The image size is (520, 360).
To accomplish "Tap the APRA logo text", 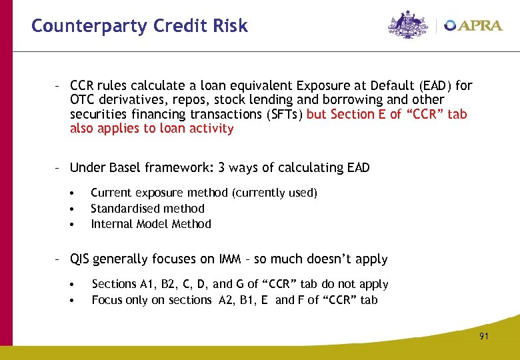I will coord(479,25).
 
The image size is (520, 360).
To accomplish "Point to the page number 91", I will coord(483,337).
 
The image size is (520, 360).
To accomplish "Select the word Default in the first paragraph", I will coord(389,85).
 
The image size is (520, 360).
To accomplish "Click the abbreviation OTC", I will coord(82,100).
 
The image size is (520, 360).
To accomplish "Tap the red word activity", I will coord(211,129).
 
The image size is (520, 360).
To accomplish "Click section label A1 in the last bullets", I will coord(145,284).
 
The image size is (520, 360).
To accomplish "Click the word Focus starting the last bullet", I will coord(107,300).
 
